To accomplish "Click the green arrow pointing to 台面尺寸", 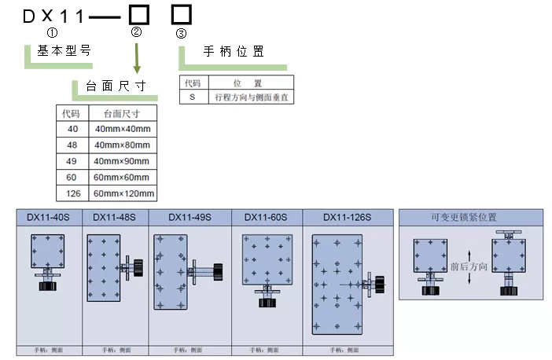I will (138, 58).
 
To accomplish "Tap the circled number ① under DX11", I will (53, 33).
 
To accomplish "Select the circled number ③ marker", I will (182, 33).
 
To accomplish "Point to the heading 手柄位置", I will (233, 52).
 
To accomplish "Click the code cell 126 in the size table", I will (73, 193).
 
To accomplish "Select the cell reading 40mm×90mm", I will (122, 160).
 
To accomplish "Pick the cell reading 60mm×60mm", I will (122, 177).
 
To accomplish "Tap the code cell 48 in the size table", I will (73, 145).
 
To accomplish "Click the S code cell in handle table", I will (192, 97).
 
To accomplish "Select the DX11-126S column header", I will (347, 217).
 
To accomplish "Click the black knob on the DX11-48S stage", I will (138, 267).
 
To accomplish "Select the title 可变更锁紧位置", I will (469, 217).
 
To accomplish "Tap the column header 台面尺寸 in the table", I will (122, 112).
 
